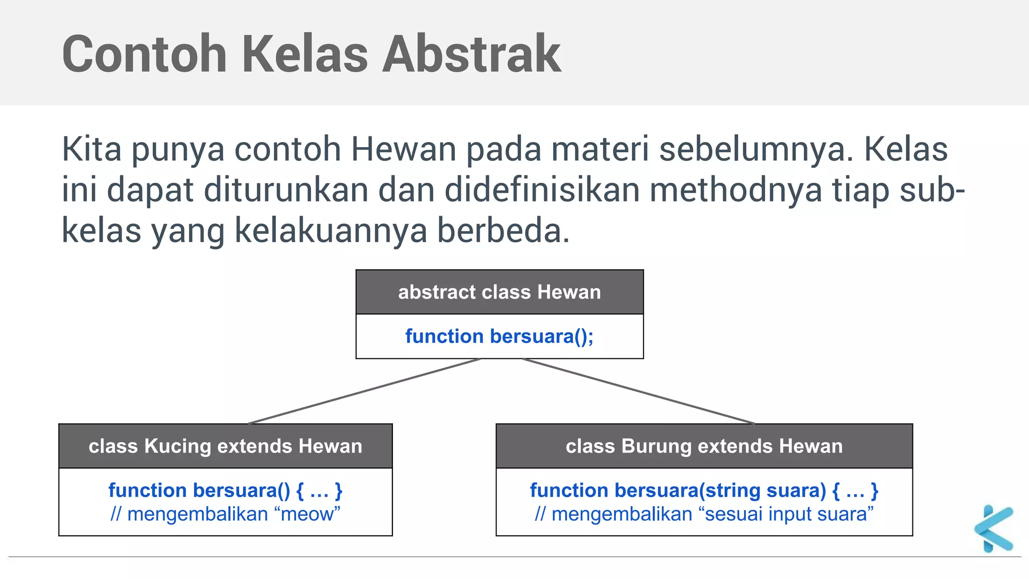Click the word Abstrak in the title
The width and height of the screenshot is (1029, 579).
(471, 54)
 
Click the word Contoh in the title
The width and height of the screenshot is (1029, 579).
(144, 54)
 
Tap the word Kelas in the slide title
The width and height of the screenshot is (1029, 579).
(305, 54)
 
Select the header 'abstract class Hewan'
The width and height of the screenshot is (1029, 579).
(499, 292)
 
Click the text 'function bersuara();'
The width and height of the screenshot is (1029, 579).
(499, 336)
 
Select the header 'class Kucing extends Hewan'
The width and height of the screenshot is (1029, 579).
(225, 446)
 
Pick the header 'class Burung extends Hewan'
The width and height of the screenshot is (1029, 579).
(704, 446)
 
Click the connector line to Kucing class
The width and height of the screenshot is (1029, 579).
(364, 391)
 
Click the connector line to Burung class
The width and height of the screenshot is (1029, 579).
(638, 391)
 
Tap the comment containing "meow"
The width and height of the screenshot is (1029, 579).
(225, 514)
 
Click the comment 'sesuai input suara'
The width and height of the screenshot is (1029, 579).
(704, 514)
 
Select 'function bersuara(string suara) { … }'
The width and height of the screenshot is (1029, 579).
(704, 490)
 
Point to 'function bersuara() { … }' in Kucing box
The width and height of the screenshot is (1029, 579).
(225, 490)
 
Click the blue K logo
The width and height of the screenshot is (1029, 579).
(994, 529)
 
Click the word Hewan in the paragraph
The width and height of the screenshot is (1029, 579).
(403, 149)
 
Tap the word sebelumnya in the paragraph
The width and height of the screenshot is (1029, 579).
(756, 149)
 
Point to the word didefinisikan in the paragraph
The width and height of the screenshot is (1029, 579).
(542, 190)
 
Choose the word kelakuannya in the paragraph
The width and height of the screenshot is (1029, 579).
(331, 231)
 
